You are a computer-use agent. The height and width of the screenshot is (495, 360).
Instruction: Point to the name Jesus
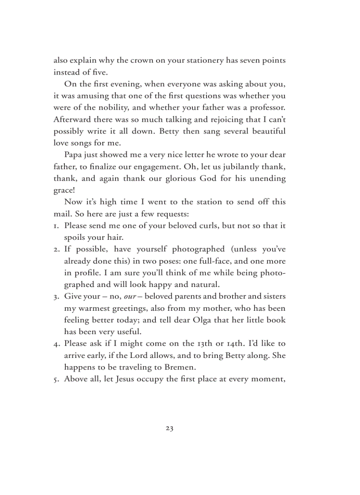[127, 379]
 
